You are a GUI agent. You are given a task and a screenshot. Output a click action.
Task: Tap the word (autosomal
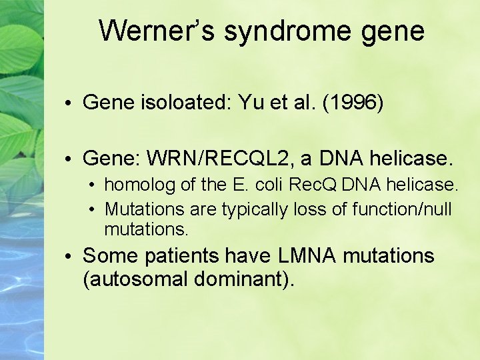135,279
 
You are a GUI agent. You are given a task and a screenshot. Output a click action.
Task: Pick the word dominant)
244,279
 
